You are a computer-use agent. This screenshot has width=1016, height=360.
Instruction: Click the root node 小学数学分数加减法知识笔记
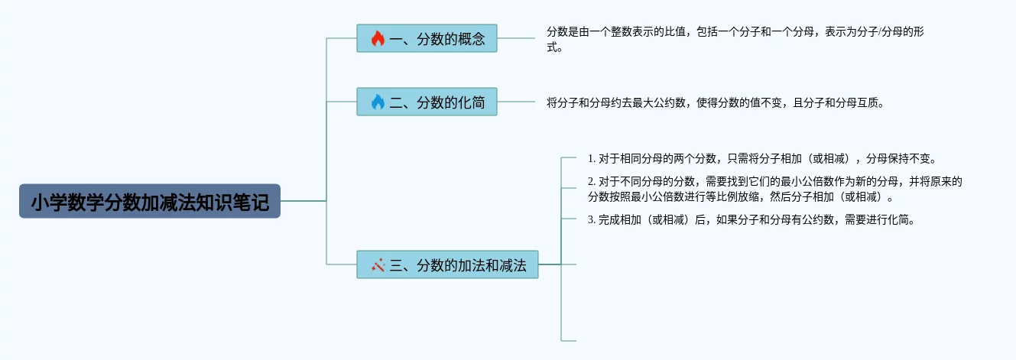150,201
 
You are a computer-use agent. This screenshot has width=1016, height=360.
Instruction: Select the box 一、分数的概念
427,38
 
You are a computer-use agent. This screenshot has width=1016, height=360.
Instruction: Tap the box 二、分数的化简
427,102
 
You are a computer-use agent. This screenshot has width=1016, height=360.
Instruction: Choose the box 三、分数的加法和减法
447,264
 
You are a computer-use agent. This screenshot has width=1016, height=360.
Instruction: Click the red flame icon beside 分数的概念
378,38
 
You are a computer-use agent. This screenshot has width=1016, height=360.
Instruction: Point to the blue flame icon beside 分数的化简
378,102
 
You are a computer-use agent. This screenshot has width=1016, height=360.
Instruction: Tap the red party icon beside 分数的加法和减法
378,264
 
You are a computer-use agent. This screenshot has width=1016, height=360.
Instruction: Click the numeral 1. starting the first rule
592,159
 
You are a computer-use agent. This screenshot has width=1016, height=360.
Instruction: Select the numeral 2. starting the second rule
592,182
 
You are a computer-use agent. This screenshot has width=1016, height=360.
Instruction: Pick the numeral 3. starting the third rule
592,220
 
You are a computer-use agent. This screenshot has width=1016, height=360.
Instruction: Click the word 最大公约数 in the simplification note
658,103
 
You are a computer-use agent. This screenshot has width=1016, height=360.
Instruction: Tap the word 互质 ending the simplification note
868,103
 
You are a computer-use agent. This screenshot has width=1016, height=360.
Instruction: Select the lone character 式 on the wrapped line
551,47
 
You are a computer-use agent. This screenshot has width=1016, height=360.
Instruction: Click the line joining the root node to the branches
304,200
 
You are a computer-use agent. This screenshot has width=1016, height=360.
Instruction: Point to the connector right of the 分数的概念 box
516,38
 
